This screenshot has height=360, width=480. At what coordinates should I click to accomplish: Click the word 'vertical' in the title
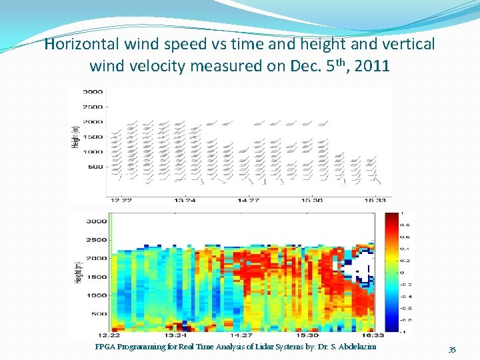[x=407, y=45]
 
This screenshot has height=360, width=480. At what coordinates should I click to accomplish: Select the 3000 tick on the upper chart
[x=92, y=91]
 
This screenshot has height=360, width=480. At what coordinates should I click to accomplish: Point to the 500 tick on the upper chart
[x=95, y=167]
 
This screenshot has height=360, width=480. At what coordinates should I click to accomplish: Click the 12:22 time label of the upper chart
[x=121, y=199]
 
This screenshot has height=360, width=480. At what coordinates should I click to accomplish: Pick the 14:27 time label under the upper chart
[x=249, y=199]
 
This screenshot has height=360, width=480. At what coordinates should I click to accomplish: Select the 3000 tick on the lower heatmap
[x=97, y=221]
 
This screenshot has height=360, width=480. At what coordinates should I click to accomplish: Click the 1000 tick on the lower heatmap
[x=97, y=295]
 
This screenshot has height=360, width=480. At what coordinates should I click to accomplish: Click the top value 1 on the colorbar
[x=401, y=213]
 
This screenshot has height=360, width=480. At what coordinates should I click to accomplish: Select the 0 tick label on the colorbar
[x=401, y=272]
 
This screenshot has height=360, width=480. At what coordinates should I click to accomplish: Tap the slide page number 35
[x=452, y=350]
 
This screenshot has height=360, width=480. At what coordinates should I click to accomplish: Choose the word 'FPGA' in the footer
[x=106, y=347]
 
